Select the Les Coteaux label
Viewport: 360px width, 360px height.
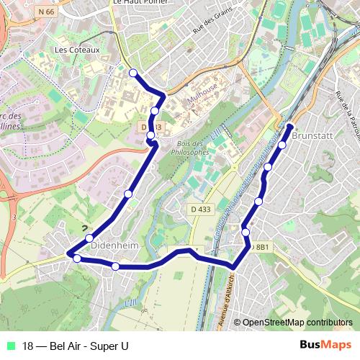tap(77, 50)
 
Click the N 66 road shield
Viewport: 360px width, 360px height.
tap(47, 12)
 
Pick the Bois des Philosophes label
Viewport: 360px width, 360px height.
tap(192, 148)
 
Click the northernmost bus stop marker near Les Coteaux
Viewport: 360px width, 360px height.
tap(132, 72)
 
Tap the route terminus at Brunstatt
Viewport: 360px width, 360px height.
tap(290, 127)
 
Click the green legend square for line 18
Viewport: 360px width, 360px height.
tap(9, 345)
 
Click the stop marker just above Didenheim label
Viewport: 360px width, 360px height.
tap(89, 238)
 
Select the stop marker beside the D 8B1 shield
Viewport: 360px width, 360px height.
tap(246, 232)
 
